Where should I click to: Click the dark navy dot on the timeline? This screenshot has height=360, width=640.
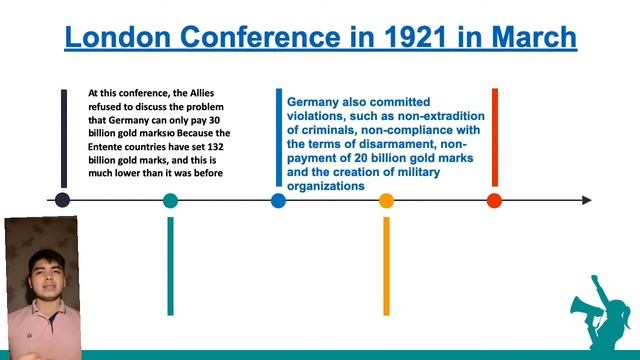click(x=63, y=200)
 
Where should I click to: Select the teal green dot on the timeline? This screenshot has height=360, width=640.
click(x=171, y=200)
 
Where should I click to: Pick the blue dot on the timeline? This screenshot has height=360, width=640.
click(x=278, y=200)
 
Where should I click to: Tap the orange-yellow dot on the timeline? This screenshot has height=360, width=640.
click(x=386, y=200)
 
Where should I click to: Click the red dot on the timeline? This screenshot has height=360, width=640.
click(x=494, y=200)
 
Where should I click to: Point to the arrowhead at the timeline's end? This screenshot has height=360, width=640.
click(x=586, y=200)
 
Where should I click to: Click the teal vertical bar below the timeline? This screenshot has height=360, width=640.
click(x=171, y=265)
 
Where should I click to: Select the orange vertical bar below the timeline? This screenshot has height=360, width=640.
click(x=386, y=265)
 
